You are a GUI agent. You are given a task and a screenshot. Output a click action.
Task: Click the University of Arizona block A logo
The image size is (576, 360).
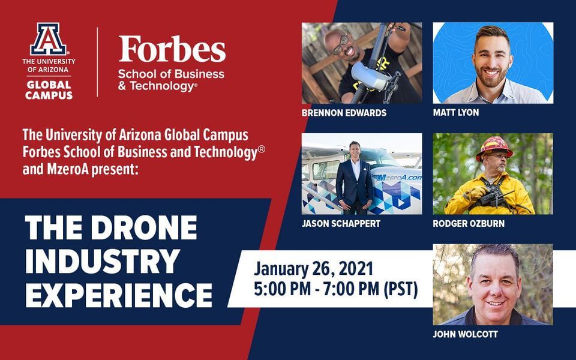click(49, 39)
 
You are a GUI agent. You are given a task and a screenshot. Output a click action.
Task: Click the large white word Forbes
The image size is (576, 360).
click(172, 49)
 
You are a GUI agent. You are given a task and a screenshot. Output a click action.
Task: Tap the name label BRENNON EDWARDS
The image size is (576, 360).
click(344, 113)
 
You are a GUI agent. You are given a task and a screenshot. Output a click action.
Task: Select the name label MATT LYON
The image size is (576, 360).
click(455, 112)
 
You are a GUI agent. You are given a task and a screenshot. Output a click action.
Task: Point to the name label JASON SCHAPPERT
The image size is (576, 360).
click(341, 223)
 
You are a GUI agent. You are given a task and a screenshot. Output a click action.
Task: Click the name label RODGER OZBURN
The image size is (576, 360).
click(469, 223)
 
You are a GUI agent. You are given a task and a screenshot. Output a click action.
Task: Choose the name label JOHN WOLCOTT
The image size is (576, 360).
click(465, 334)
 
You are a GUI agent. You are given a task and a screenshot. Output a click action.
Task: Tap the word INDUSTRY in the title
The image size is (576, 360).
click(103, 261)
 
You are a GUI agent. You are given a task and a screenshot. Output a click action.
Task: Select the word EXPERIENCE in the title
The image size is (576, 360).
click(119, 295)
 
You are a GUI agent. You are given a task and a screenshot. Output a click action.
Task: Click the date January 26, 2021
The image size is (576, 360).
click(313, 269)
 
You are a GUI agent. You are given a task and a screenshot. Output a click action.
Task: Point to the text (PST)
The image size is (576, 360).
click(401, 289)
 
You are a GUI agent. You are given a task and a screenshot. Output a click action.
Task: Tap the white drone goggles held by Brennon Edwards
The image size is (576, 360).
click(369, 76)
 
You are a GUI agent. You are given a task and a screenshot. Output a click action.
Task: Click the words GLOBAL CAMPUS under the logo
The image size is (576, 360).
click(49, 90)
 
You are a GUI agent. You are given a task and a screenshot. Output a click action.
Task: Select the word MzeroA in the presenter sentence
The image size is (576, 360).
click(67, 169)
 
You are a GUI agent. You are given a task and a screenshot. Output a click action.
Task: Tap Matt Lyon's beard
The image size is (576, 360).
click(492, 76)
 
